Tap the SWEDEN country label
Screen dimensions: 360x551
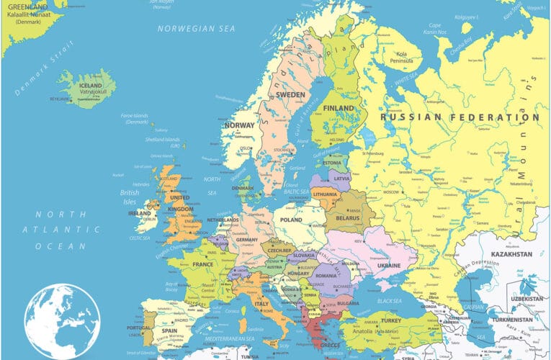[x=291, y=94]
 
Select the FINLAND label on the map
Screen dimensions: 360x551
[x=339, y=109]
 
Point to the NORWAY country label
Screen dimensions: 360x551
[x=239, y=125]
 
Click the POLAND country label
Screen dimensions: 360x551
[x=291, y=220]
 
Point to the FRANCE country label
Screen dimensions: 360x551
[x=202, y=264]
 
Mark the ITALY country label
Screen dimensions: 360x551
[x=260, y=305]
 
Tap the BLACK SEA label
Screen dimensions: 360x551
[x=389, y=300]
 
